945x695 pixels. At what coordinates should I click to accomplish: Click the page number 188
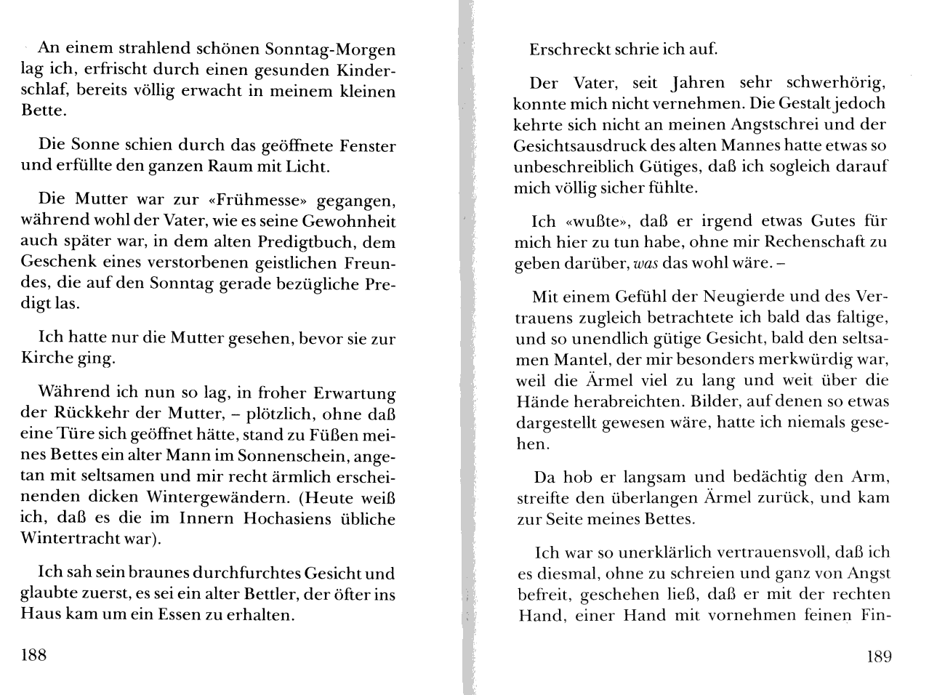pyautogui.click(x=33, y=655)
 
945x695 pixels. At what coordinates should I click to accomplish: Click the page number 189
pyautogui.click(x=879, y=656)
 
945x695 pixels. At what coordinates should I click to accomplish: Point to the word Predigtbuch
pyautogui.click(x=306, y=241)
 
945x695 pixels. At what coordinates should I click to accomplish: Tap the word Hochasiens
pyautogui.click(x=286, y=519)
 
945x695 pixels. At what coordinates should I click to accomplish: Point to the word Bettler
pyautogui.click(x=252, y=594)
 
